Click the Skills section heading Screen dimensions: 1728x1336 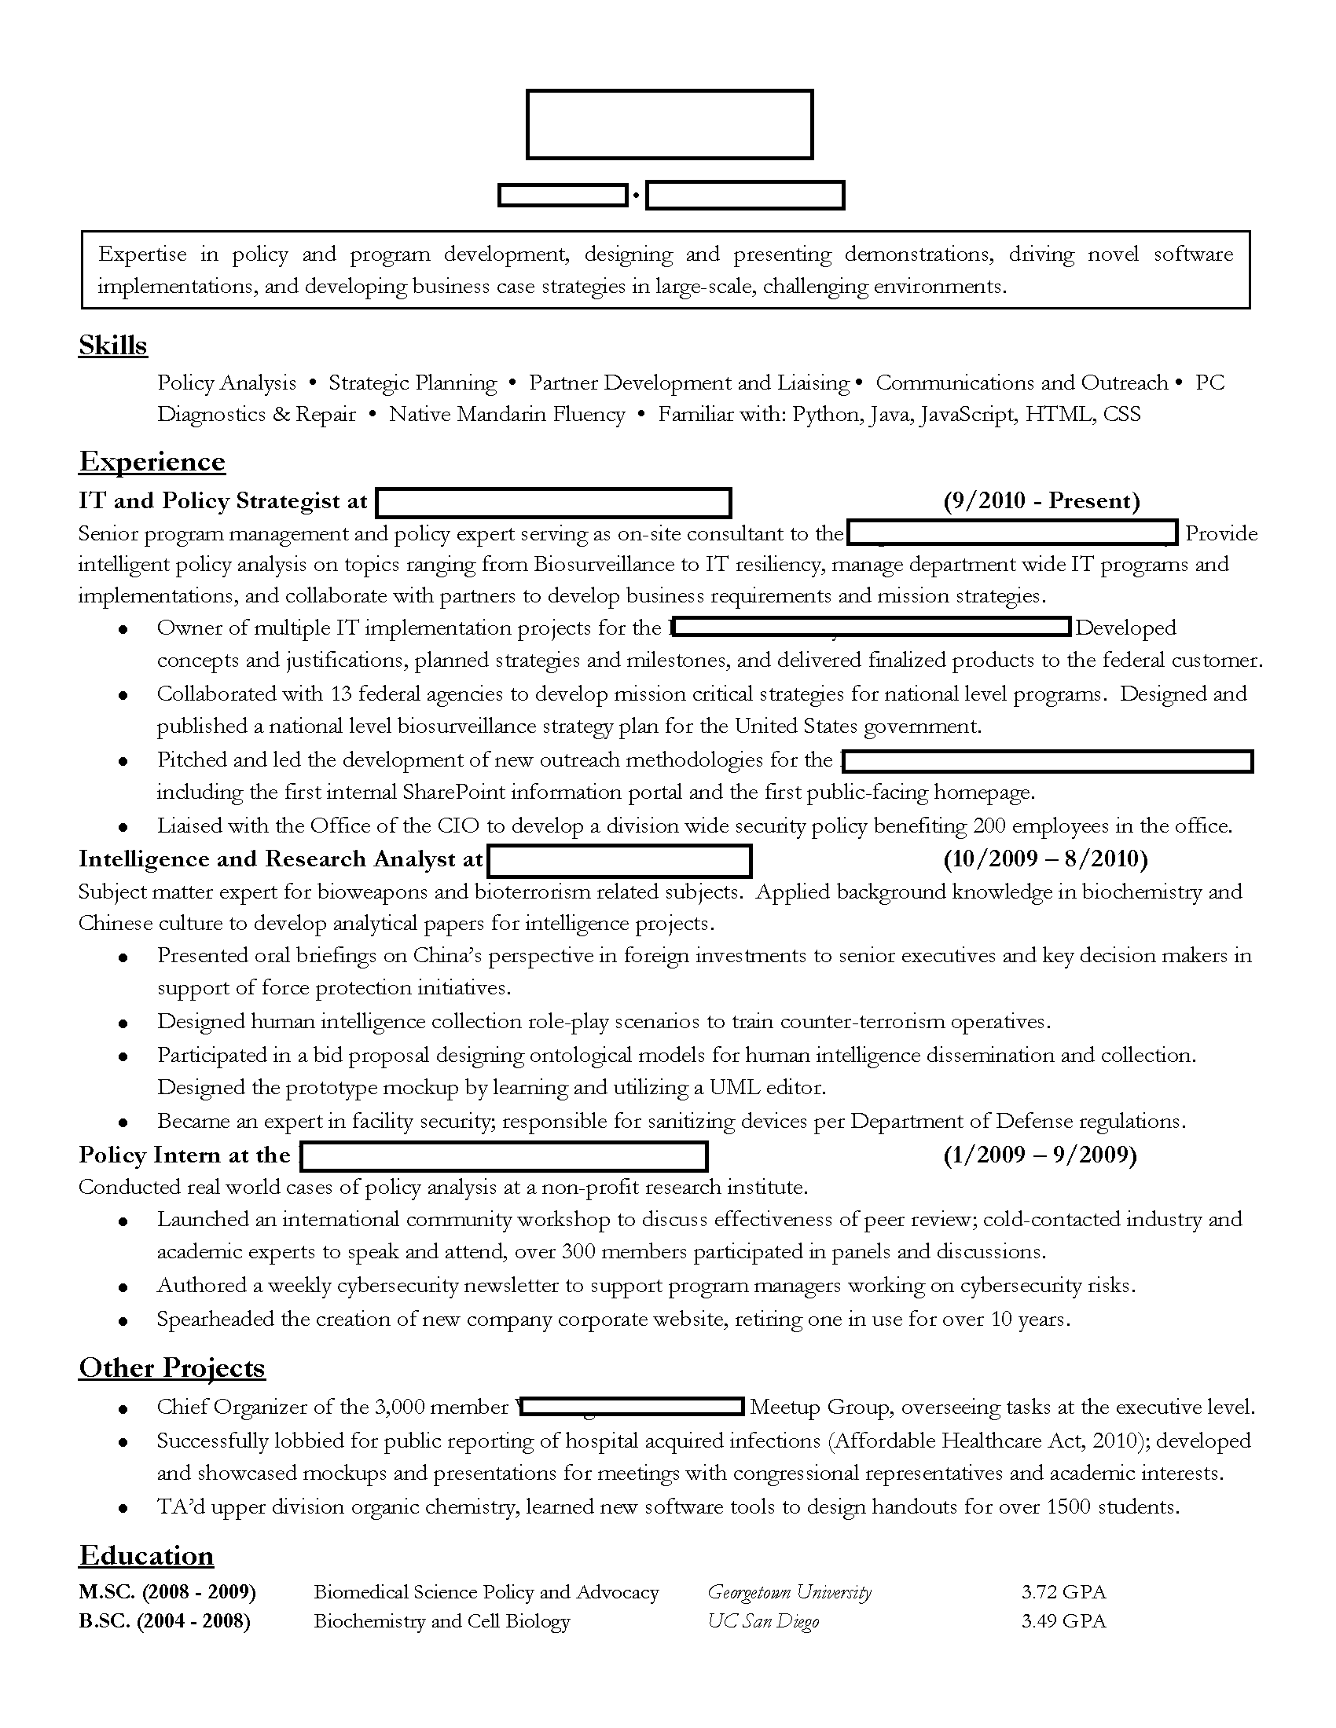113,346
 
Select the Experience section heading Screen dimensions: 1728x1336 152,461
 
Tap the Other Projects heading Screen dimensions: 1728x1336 172,1367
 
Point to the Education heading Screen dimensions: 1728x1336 146,1554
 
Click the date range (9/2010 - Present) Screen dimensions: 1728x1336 1041,501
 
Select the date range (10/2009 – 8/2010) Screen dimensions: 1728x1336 1044,859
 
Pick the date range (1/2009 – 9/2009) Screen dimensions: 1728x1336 1040,1155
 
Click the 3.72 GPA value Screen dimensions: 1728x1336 1063,1591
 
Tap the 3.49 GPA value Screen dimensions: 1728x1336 1063,1621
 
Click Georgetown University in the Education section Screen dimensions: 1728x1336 789,1591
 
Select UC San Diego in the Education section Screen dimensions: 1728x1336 763,1621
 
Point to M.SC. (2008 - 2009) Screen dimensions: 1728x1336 167,1591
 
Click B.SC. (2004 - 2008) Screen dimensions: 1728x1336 164,1621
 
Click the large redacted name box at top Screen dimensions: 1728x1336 670,124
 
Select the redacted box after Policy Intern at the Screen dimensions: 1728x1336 505,1156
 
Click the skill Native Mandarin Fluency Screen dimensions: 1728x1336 507,415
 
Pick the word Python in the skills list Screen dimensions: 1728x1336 825,415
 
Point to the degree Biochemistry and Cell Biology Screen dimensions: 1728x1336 442,1621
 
